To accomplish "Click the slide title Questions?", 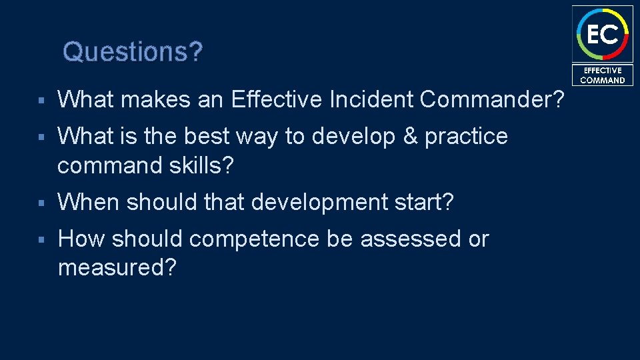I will pyautogui.click(x=132, y=51).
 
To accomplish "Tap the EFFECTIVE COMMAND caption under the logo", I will pyautogui.click(x=602, y=75).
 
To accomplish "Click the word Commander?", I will pyautogui.click(x=492, y=100).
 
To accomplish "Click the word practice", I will pyautogui.click(x=466, y=136).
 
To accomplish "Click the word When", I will pyautogui.click(x=89, y=201).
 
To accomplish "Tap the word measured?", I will pyautogui.click(x=117, y=268).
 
